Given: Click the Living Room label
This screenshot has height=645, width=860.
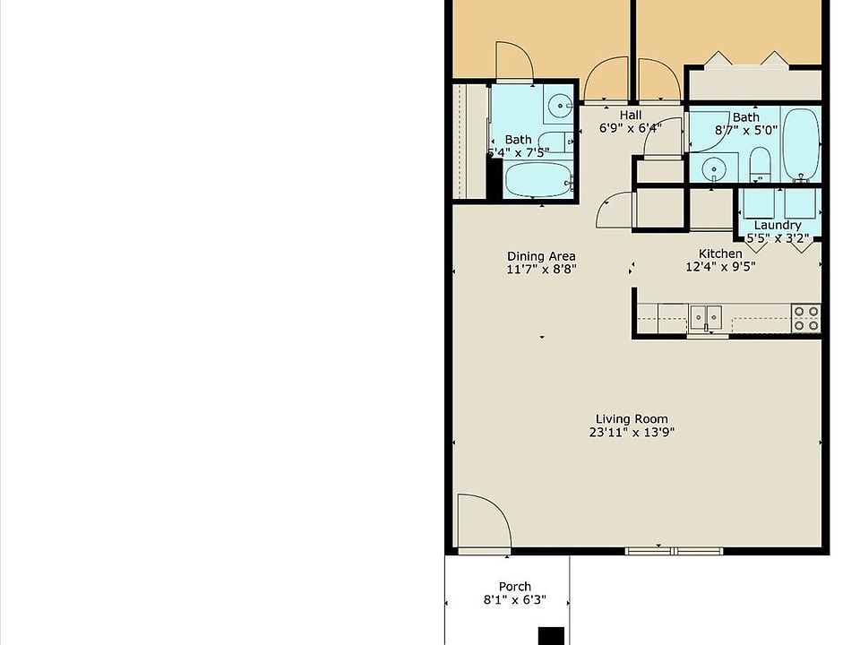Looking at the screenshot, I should [632, 419].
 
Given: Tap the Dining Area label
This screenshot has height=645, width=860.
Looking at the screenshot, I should [541, 256].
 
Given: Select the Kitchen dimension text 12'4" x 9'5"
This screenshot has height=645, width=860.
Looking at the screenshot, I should [720, 266].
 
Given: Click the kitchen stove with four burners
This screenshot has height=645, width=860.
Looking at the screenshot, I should [806, 318].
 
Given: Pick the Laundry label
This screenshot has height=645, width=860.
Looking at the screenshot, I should [777, 226].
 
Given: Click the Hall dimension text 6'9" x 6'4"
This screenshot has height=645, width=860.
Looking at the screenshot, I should [630, 128].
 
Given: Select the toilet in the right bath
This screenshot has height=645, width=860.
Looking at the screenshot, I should [760, 163].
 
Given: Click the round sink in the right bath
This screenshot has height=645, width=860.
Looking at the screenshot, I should [714, 168].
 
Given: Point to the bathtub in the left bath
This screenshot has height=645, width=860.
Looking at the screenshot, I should [537, 180].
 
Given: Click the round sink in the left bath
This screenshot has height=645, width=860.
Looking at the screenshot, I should [560, 107].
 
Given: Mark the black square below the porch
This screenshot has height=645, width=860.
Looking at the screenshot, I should [551, 636].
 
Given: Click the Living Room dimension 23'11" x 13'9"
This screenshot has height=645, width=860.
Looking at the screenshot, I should [632, 432].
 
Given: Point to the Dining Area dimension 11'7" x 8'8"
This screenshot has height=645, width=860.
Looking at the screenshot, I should [541, 269].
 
